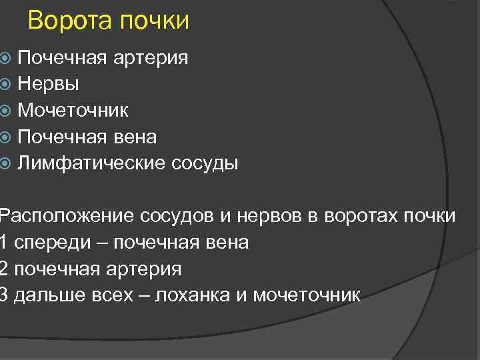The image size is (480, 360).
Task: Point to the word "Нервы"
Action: point(49,84)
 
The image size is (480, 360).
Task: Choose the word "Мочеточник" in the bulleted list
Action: point(73,111)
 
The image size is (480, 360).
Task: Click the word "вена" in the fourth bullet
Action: point(135,137)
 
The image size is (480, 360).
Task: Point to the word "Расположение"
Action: point(67,217)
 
